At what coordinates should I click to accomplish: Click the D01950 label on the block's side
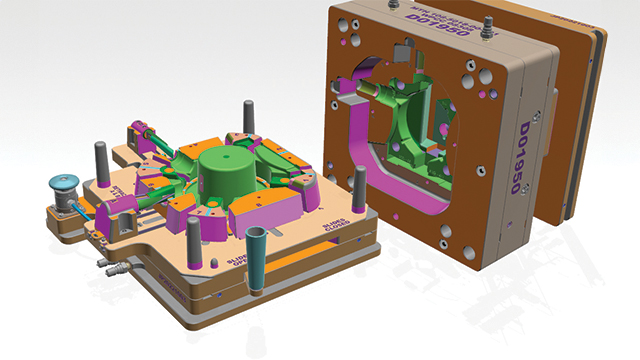[534, 149]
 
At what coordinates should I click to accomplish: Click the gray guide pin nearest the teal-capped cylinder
[101, 161]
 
